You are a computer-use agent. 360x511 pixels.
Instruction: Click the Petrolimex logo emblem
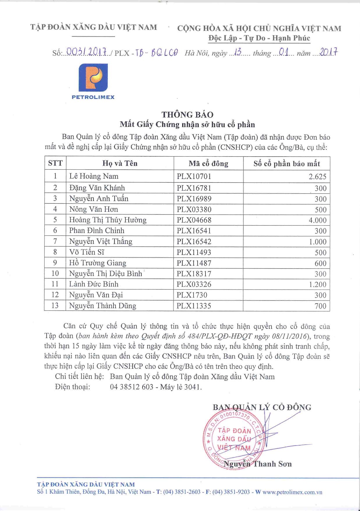93,78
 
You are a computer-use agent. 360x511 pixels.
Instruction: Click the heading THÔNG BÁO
187,114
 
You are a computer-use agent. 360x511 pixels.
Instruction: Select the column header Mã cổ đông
208,164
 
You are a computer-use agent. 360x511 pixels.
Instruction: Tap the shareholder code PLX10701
194,176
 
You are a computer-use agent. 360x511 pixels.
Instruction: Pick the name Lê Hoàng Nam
94,176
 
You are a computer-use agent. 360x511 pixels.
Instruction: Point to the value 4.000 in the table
318,220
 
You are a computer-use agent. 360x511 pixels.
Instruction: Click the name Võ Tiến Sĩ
86,252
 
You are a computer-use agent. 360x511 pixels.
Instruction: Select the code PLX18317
194,274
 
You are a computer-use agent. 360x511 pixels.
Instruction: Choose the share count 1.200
318,284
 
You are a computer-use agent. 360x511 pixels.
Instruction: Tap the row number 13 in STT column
55,306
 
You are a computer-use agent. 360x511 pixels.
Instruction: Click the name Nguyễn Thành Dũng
102,306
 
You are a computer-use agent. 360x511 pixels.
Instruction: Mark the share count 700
320,306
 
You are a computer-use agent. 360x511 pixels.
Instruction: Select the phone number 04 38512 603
132,387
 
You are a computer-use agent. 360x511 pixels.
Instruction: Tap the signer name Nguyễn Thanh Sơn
258,464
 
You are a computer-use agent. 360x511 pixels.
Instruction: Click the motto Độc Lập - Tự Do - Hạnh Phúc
259,38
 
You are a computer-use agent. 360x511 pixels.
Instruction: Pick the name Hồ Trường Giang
97,263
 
